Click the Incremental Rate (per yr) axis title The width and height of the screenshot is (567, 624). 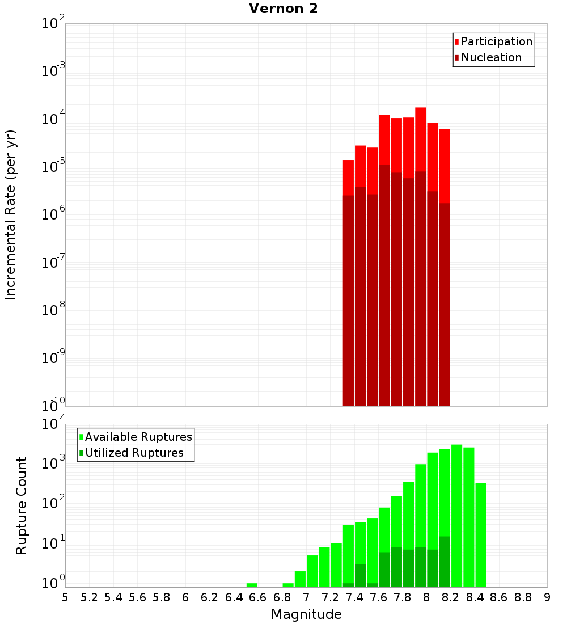pyautogui.click(x=11, y=214)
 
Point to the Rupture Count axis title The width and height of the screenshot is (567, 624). pyautogui.click(x=22, y=505)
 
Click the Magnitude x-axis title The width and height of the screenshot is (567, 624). pyautogui.click(x=306, y=614)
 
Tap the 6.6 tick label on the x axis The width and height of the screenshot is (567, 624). pyautogui.click(x=257, y=597)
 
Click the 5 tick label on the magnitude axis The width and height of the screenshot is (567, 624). pyautogui.click(x=65, y=597)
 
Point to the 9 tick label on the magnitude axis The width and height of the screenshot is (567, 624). pyautogui.click(x=547, y=597)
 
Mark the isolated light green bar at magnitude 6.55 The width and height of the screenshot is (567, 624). pyautogui.click(x=252, y=585)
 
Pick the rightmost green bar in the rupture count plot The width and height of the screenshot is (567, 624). pyautogui.click(x=481, y=533)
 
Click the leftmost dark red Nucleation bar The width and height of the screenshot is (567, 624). pyautogui.click(x=348, y=301)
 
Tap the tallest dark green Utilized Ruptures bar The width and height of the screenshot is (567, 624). pyautogui.click(x=445, y=562)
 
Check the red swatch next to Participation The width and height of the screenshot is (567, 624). pyautogui.click(x=457, y=42)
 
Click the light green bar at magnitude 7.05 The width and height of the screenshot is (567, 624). pyautogui.click(x=312, y=571)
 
